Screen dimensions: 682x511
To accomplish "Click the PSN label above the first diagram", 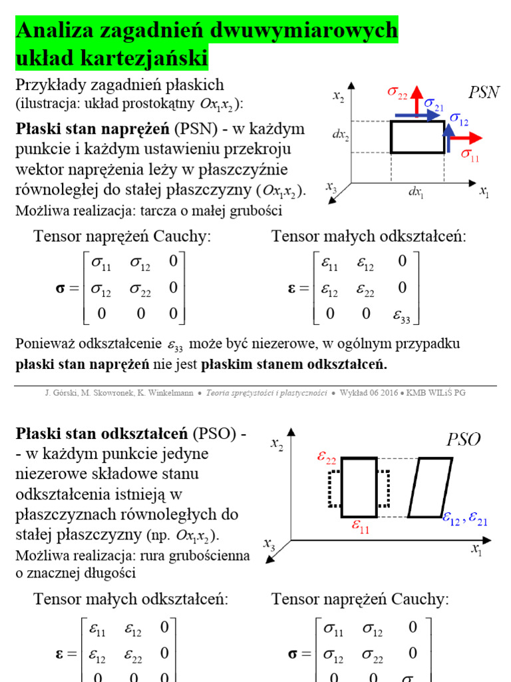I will [x=484, y=93].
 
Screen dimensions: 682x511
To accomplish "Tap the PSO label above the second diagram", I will [x=463, y=440].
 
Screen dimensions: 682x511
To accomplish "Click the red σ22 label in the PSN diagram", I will [x=398, y=93].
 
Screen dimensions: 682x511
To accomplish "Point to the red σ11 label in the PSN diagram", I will [x=470, y=155].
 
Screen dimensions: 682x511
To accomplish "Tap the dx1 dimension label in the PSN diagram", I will [x=417, y=192].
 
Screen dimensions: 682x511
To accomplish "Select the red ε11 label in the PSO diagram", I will [x=360, y=527].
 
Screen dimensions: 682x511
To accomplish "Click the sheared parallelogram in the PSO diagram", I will [x=430, y=487].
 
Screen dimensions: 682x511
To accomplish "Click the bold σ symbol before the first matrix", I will [x=60, y=289].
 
